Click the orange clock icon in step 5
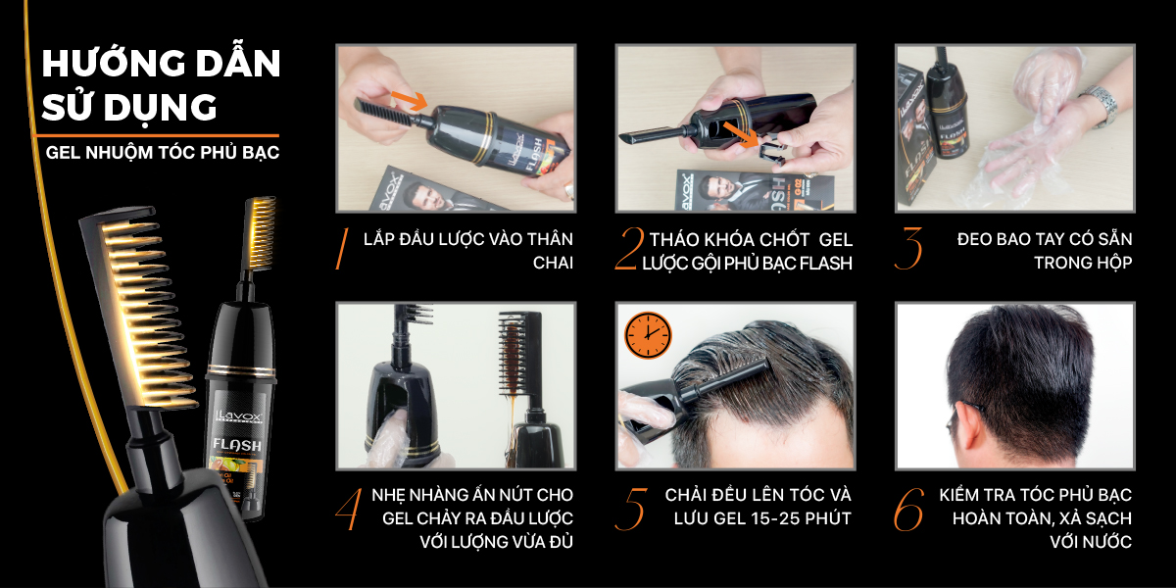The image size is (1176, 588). pos(648,335)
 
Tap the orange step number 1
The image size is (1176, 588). pos(342,249)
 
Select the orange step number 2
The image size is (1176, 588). pos(629,249)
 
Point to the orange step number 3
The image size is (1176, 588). pos(908,249)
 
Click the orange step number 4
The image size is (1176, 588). pos(349,509)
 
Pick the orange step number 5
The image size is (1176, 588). pos(630,509)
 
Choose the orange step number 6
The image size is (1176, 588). pos(908,509)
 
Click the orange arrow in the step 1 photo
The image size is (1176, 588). pos(410,100)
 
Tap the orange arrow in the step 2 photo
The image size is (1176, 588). pos(741,134)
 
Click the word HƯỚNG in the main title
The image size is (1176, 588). pos(113,63)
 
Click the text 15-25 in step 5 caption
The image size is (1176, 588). pos(774,518)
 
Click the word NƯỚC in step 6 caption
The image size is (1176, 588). pos(1109,541)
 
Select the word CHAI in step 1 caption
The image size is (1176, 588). pos(553,263)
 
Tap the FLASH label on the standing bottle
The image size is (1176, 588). pos(237,445)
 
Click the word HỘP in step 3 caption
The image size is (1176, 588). pos(1115,263)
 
